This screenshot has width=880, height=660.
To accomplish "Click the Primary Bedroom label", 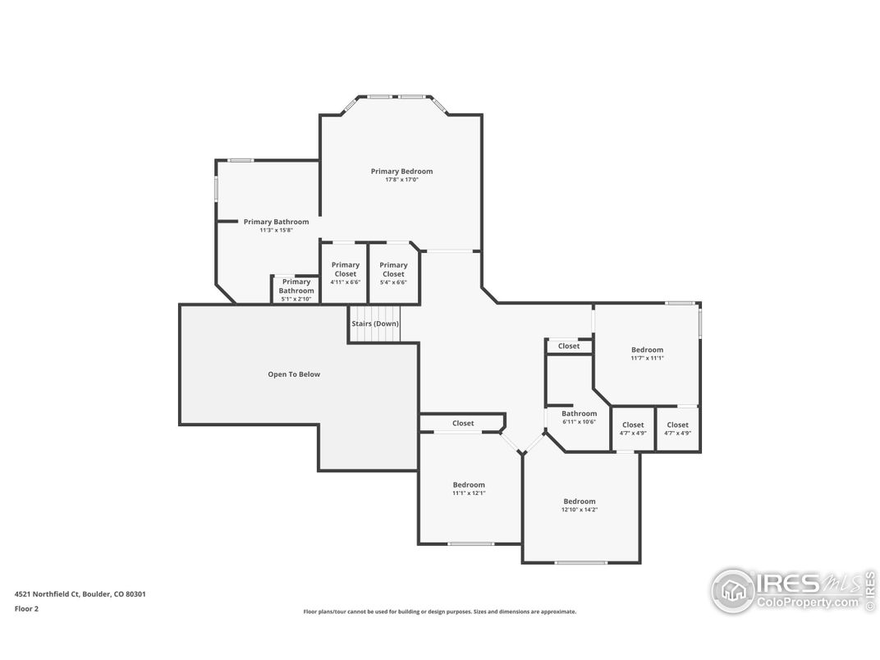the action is pos(402,172).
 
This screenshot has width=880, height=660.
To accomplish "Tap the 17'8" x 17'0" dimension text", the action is pos(402,180).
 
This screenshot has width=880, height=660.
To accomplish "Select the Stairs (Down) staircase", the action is pos(375,323).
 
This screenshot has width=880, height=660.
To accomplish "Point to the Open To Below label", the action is pos(294,374).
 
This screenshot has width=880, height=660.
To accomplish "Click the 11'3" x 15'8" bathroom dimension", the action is pos(276,230).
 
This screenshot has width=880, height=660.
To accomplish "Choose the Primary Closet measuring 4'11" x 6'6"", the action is pos(345,273).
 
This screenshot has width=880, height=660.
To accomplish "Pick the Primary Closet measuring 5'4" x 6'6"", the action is pos(393,273).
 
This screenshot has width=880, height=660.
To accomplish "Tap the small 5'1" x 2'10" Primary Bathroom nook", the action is pos(296,290).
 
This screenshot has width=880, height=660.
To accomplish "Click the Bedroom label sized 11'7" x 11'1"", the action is pos(647,350).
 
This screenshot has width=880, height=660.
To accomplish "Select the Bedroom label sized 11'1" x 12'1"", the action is pos(470,485).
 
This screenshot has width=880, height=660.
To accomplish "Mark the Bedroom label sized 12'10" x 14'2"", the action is pos(580,502).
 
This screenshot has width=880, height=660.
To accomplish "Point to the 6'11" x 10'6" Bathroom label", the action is pos(580,414).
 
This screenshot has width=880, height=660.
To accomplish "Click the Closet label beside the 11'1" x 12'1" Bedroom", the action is pos(463,423).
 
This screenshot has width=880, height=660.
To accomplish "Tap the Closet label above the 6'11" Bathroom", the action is pos(569,346).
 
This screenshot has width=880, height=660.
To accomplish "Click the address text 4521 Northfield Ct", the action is pos(47,594).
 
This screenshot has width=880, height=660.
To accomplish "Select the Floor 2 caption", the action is pos(26,608).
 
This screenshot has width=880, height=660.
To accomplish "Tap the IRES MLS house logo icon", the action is pos(732,590).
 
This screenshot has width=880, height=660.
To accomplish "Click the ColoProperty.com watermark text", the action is pos(807,603).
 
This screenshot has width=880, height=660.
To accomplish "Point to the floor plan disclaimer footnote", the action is pos(439,612).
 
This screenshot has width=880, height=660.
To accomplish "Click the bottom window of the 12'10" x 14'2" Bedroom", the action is pos(581,562).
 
